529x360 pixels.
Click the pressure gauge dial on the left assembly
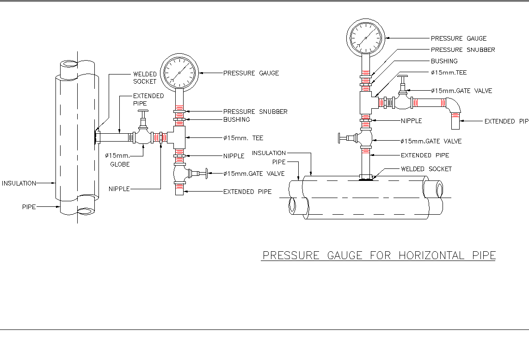(180, 72)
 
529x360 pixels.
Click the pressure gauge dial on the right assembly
(366, 37)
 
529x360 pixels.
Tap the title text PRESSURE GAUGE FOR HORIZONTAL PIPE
(379, 255)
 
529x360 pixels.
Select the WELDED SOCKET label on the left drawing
(145, 78)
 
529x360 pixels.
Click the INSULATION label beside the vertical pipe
(19, 183)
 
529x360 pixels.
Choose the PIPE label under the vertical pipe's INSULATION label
(29, 207)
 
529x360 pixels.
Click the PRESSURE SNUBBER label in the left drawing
(255, 112)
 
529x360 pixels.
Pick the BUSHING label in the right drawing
(444, 61)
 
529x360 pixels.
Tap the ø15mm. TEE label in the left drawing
(243, 138)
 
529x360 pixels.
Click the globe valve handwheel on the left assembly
(143, 112)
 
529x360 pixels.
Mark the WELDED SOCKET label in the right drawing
(426, 169)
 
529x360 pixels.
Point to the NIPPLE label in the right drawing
(411, 121)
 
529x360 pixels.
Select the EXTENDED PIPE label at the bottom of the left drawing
(247, 192)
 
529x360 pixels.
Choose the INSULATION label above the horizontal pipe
(269, 153)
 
